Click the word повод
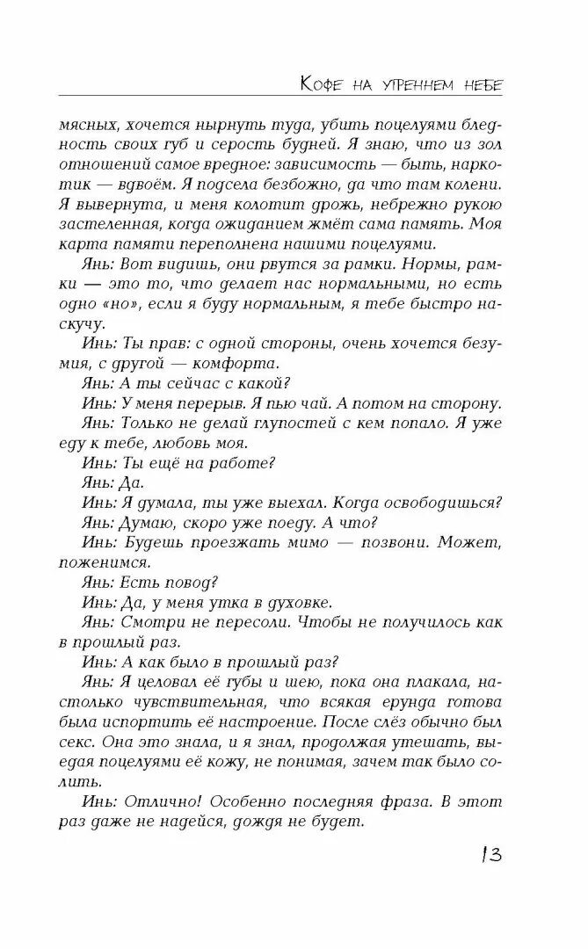click(x=192, y=583)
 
